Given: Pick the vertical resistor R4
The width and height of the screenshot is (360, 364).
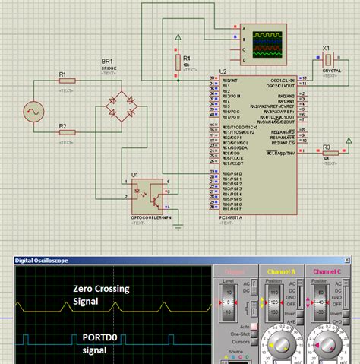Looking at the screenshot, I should (x=178, y=60).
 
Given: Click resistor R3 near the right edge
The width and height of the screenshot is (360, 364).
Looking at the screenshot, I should (x=330, y=154).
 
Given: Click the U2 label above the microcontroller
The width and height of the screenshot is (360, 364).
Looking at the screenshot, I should (x=223, y=71).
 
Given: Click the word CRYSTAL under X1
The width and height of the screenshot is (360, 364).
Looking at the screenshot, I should (x=332, y=70).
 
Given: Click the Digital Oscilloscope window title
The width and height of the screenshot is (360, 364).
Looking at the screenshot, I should (x=43, y=261).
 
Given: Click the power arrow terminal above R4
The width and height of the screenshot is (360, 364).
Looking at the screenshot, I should (x=178, y=37).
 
